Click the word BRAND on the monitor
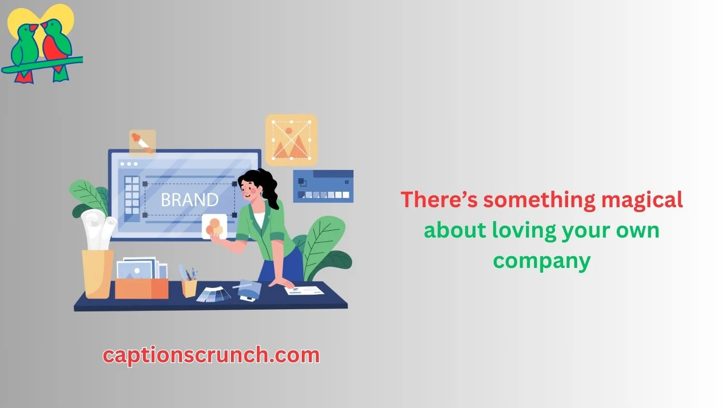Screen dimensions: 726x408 tap(190, 200)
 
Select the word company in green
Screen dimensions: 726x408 tap(542, 262)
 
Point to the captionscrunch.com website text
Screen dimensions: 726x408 tap(211, 355)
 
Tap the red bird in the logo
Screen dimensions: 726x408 tap(57, 49)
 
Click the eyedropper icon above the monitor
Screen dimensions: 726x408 tap(142, 143)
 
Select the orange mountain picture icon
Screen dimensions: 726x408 tap(291, 140)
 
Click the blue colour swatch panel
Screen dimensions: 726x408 tap(323, 186)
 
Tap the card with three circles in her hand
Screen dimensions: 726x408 tap(214, 227)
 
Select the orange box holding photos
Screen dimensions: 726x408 tap(142, 288)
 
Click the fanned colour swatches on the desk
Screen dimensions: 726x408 tap(214, 294)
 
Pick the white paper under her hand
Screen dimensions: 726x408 tap(304, 290)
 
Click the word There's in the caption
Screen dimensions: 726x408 tap(439, 200)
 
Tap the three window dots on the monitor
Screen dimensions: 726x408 tap(129, 164)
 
